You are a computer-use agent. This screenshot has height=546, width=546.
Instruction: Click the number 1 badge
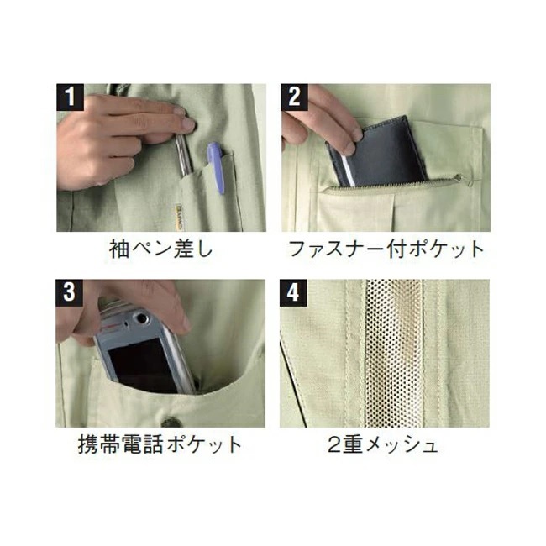(x=70, y=97)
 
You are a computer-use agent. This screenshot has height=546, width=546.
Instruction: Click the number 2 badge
(x=294, y=97)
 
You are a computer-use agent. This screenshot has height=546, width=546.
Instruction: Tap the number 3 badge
(x=69, y=293)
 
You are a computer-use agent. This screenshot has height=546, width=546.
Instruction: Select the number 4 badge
(x=293, y=293)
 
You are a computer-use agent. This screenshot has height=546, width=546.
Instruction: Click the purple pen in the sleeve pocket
(x=216, y=168)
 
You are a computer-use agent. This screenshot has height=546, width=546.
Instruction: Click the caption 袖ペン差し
(x=160, y=249)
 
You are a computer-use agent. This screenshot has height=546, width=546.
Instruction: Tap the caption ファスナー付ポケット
(x=386, y=249)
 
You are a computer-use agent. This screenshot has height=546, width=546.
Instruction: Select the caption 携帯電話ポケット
(x=160, y=444)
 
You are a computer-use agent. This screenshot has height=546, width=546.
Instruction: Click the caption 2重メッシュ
(x=382, y=444)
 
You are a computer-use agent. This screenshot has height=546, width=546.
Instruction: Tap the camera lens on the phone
(x=141, y=318)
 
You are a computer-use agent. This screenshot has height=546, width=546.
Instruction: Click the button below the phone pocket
(x=171, y=422)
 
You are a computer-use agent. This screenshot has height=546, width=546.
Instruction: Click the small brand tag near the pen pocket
(x=176, y=217)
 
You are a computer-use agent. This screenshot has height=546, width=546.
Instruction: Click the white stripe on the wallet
(x=349, y=170)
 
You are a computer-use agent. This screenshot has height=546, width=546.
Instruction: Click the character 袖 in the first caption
(x=119, y=249)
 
